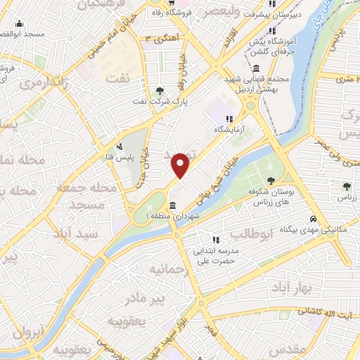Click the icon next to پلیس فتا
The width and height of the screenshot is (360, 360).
(x=120, y=147)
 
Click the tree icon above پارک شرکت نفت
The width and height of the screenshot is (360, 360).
(x=160, y=90)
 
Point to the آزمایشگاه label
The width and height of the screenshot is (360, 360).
(x=229, y=130)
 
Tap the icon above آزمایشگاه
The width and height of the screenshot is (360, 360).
(x=229, y=118)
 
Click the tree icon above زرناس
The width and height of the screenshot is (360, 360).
(x=347, y=186)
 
